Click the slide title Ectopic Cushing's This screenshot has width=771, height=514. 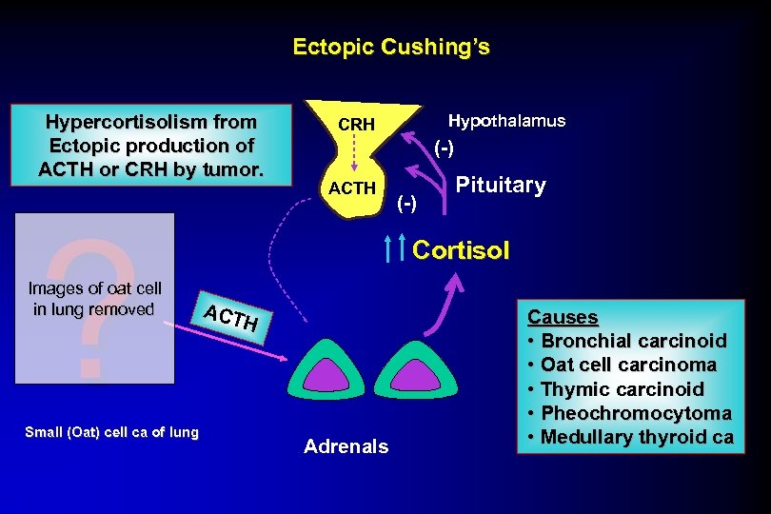point(391,47)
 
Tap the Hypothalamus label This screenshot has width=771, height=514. point(506,121)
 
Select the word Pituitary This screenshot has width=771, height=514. point(501,185)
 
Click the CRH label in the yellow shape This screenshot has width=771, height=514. point(357,125)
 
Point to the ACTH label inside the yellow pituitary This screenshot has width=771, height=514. point(352,188)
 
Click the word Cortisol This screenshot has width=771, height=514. point(461,250)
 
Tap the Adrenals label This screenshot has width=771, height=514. point(346,446)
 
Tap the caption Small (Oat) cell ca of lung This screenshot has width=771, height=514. point(112,432)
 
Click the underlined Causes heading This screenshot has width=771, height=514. point(563,317)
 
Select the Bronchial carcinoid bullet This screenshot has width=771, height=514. point(633,341)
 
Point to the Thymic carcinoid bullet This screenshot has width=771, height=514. point(622,389)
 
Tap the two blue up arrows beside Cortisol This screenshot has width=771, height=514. point(398,249)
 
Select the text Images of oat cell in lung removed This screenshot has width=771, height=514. point(95,298)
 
